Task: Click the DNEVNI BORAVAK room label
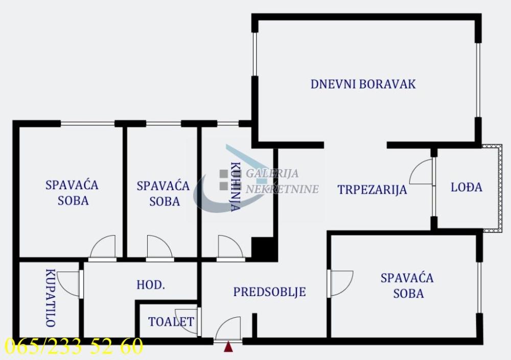point(363,84)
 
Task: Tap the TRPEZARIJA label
point(372,190)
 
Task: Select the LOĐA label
point(466,187)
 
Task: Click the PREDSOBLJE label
point(269,292)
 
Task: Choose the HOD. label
point(151,285)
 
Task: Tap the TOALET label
point(171,322)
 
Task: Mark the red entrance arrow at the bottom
point(228,347)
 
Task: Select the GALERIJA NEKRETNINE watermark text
point(282,182)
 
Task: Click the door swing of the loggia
point(422,173)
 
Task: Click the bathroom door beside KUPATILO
point(69,284)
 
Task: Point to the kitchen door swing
point(229,247)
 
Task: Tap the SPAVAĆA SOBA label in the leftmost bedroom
point(72,192)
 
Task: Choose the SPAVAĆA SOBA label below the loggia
point(407,285)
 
